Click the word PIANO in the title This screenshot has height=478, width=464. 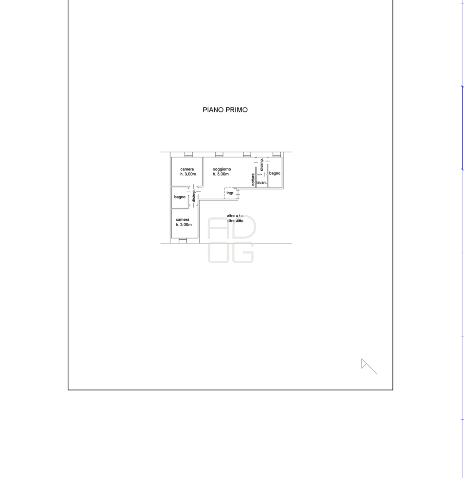point(212,110)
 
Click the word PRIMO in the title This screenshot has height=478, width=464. point(237,110)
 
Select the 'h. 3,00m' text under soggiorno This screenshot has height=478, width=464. point(221,174)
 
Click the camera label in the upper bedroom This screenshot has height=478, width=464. point(187,169)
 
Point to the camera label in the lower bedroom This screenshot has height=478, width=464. point(183,220)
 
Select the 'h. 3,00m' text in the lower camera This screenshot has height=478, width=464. point(184,224)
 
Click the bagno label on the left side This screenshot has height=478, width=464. point(180,197)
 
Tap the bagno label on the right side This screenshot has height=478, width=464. point(275,173)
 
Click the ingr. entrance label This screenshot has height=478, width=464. point(230,193)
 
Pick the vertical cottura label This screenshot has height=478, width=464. point(253,179)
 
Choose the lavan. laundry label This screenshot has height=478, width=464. point(262,183)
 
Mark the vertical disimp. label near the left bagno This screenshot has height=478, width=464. point(193,196)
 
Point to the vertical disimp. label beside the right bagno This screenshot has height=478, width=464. point(262,165)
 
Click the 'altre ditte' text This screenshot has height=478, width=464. point(235,221)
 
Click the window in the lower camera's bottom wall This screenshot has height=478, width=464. point(183,240)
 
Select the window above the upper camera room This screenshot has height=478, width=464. point(189,154)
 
